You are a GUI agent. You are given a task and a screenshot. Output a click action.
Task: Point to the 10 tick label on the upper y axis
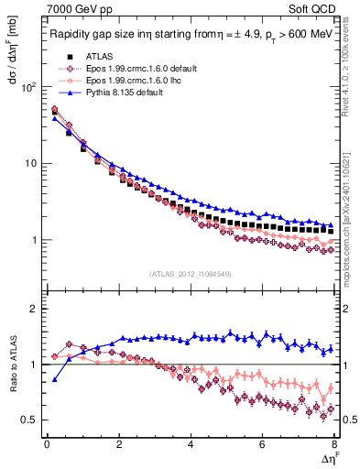(x=29, y=163)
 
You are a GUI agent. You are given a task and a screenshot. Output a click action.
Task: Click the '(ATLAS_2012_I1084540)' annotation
(x=191, y=274)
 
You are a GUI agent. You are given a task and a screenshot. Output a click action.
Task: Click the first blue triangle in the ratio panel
(x=54, y=379)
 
